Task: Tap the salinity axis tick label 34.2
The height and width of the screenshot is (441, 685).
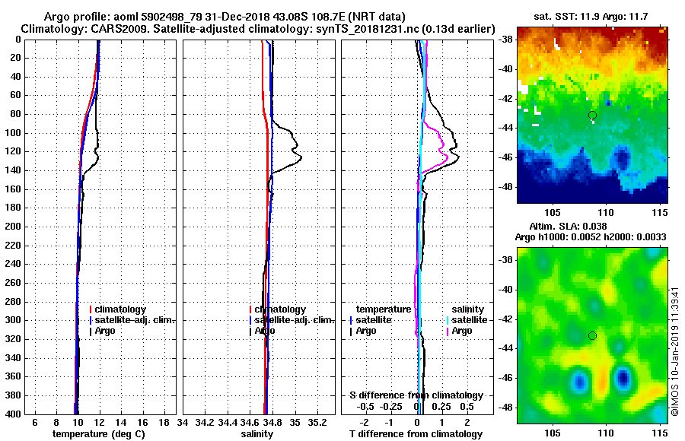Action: (205, 422)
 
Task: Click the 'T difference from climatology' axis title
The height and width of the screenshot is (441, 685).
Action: (416, 433)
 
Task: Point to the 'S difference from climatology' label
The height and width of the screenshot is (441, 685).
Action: (416, 395)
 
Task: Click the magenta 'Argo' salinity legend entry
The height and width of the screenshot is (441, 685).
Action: (462, 331)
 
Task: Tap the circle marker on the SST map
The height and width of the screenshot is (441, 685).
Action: (593, 115)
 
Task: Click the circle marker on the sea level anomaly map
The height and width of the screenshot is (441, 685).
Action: (593, 335)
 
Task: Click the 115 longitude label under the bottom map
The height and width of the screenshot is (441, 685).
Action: (659, 433)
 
